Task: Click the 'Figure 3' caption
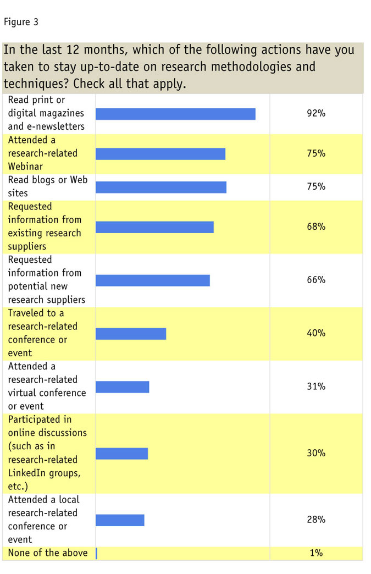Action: [x=21, y=23]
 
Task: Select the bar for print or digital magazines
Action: [x=175, y=114]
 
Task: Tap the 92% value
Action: [x=316, y=114]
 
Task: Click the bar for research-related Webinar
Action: [x=160, y=154]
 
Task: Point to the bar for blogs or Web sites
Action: [x=161, y=187]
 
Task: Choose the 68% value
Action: [x=316, y=227]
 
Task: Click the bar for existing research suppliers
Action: [x=154, y=227]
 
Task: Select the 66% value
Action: [x=316, y=280]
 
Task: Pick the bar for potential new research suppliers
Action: [x=153, y=280]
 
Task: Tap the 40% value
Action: [x=316, y=333]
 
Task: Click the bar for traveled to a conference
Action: [x=131, y=334]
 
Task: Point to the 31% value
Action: [x=316, y=387]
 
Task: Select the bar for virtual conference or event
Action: [x=123, y=387]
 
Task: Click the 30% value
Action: [x=316, y=453]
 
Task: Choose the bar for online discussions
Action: [x=122, y=454]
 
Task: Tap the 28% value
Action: [x=316, y=520]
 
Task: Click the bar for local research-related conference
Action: [x=120, y=520]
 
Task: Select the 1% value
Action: [x=316, y=553]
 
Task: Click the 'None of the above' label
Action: [x=48, y=553]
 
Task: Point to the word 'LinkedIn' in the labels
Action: [x=26, y=473]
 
